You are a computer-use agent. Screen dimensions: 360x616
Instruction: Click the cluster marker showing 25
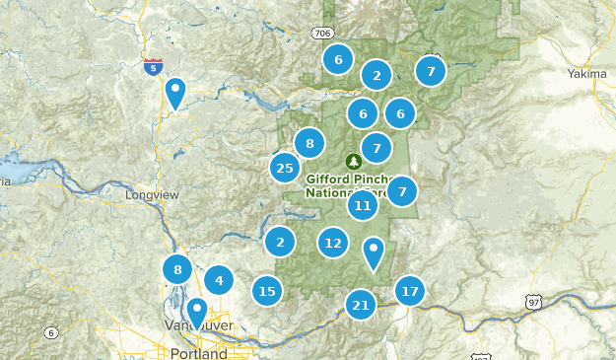(285, 168)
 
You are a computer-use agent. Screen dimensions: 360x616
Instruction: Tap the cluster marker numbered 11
(363, 205)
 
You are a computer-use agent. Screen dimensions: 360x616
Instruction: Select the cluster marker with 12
(333, 243)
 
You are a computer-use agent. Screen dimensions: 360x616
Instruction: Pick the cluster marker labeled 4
(219, 280)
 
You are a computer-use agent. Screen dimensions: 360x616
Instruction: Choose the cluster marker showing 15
(266, 291)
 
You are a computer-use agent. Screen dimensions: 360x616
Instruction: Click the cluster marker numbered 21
(361, 305)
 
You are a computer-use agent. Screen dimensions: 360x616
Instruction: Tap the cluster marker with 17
(410, 291)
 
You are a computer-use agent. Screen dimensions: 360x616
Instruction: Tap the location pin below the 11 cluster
(374, 253)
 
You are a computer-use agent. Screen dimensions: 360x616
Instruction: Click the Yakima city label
(588, 74)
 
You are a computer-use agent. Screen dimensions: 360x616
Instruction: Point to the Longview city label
(153, 194)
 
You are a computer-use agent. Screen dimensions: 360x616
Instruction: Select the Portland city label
(198, 353)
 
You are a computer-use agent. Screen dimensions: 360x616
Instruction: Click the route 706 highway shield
(321, 34)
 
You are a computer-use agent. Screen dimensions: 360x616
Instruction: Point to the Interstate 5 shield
(153, 66)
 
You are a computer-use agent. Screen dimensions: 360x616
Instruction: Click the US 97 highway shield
(533, 301)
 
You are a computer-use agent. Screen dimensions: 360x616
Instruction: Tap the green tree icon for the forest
(353, 161)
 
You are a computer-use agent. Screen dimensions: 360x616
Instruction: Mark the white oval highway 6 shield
(50, 333)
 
